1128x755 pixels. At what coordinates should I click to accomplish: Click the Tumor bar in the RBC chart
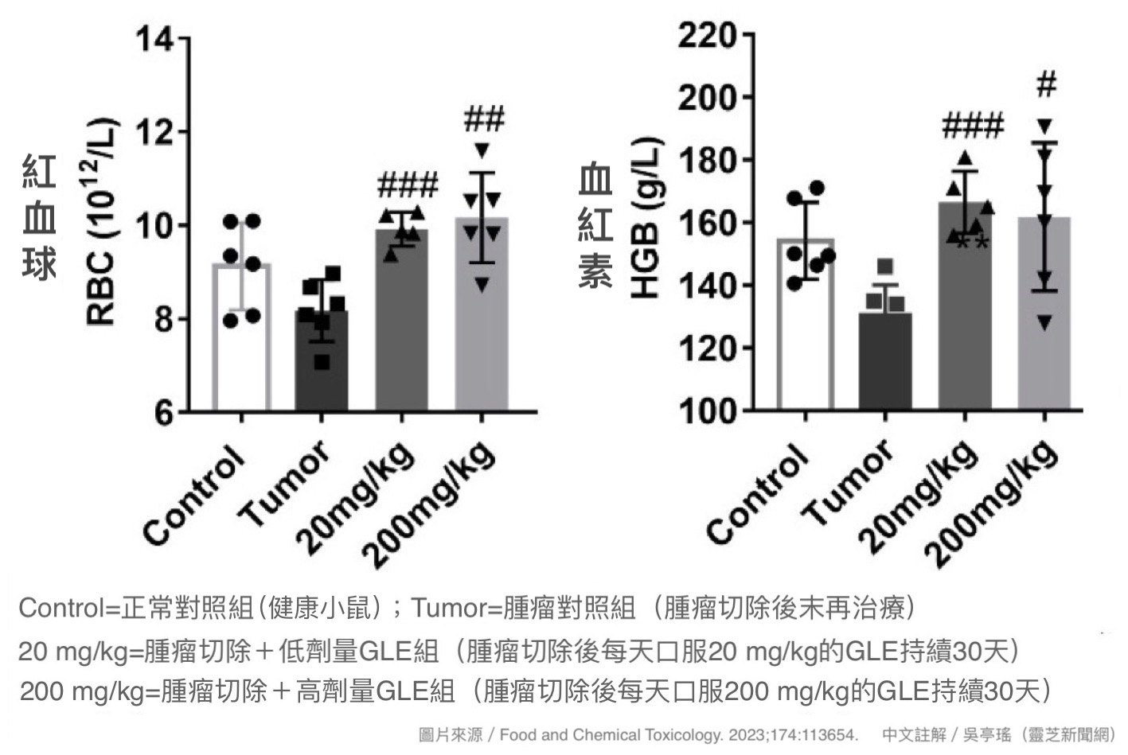tap(321, 362)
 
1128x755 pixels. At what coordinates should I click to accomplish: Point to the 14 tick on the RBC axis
tap(155, 37)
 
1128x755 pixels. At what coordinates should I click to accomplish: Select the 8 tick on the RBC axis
tap(164, 319)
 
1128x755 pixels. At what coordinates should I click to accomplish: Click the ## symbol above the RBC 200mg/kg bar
tap(483, 120)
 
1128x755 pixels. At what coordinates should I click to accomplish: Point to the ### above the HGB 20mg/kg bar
tap(972, 126)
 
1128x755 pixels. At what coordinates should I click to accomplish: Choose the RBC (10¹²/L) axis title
tap(101, 223)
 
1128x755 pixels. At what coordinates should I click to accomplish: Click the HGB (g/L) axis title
tap(646, 219)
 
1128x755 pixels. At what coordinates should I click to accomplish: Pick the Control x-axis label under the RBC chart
tap(194, 495)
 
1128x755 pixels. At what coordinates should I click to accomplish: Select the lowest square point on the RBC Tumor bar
tap(322, 363)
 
